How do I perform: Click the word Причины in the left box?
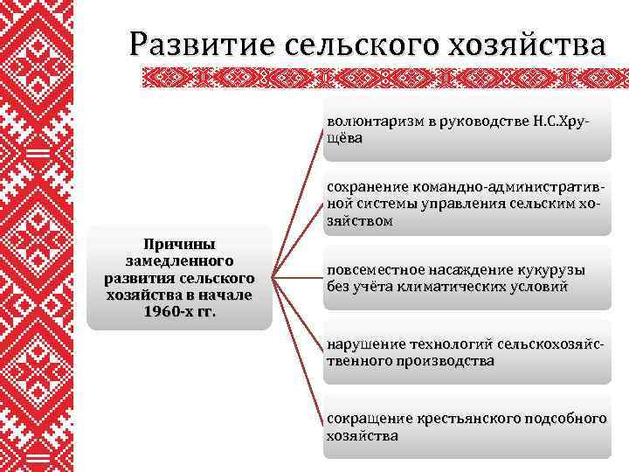point(179,244)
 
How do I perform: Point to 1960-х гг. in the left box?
point(180,312)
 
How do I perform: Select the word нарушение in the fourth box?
point(362,344)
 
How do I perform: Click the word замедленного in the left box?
point(180,260)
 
